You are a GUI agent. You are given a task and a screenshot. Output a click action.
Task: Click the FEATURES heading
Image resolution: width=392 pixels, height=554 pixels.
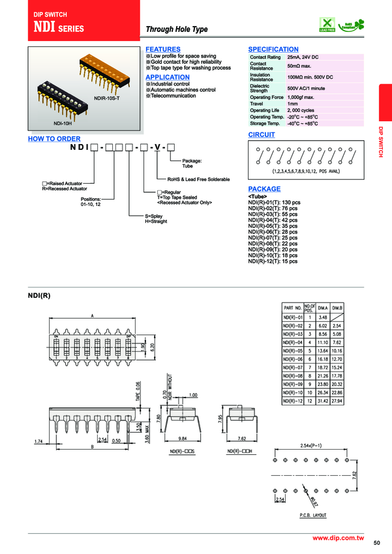(x=163, y=50)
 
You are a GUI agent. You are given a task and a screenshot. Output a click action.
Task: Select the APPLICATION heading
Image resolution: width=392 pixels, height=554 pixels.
(x=167, y=77)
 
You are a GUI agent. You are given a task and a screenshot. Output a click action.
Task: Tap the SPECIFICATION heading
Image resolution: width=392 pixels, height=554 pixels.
(x=273, y=50)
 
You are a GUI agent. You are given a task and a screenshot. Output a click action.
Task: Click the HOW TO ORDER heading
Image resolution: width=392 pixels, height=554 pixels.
(x=54, y=139)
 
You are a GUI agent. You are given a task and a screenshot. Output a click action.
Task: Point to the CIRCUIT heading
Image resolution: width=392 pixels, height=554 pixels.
(x=262, y=135)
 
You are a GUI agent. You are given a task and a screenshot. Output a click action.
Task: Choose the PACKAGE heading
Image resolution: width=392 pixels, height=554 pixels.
(x=264, y=189)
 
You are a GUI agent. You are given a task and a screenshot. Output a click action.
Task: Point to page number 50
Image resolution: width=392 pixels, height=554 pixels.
(x=376, y=543)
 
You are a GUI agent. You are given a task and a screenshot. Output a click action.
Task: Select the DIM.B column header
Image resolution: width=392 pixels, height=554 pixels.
(x=337, y=308)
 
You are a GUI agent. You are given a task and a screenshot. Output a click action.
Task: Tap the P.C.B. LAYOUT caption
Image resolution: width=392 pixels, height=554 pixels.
(x=314, y=515)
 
